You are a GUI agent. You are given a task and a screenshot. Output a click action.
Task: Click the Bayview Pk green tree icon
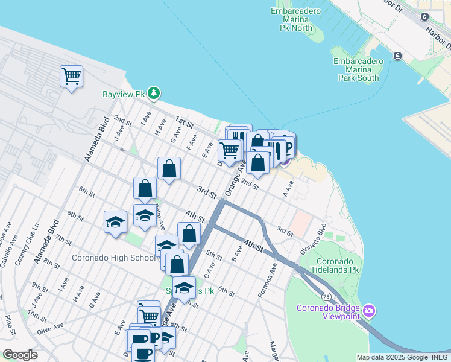click(155, 93)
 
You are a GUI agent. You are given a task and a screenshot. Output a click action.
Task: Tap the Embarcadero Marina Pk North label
click(291, 20)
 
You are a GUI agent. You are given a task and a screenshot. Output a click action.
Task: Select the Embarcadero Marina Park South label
click(358, 69)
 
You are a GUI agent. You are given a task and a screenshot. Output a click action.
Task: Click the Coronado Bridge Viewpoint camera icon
click(369, 312)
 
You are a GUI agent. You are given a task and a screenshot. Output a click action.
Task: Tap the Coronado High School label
click(113, 258)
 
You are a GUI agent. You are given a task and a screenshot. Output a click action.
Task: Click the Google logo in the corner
click(20, 354)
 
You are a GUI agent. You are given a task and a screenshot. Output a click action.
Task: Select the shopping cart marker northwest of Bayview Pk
click(71, 77)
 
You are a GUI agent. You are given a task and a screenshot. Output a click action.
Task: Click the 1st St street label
click(183, 122)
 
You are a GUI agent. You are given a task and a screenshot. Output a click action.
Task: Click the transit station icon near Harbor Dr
click(397, 56)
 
